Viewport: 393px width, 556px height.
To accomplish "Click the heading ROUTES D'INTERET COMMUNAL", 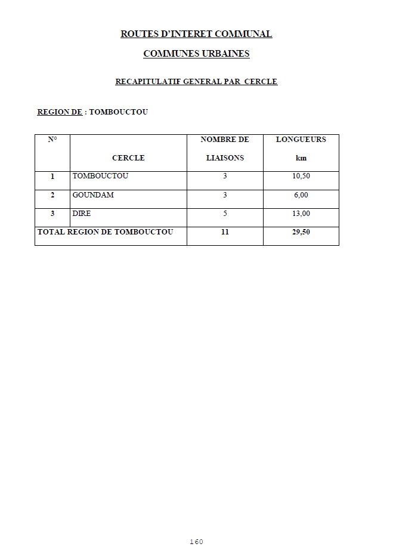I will [196, 34].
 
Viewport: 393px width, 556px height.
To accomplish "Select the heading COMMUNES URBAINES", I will [196, 54].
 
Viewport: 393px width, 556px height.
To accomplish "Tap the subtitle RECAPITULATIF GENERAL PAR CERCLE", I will [196, 82].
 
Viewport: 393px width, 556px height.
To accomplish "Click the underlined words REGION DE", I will [60, 112].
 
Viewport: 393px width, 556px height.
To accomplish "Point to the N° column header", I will [52, 140].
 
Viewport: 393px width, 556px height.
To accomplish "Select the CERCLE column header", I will [128, 158].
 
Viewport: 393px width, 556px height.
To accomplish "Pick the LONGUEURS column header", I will [301, 140].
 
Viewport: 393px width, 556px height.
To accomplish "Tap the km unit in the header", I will [301, 158].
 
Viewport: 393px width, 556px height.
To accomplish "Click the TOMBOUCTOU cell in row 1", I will [100, 177].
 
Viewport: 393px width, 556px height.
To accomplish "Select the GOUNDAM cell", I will [93, 195].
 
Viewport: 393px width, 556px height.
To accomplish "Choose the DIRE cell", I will [82, 214].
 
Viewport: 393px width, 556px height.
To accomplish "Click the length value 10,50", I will [301, 177].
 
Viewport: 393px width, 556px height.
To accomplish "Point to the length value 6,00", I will [301, 195].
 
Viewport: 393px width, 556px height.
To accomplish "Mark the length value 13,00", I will [301, 214].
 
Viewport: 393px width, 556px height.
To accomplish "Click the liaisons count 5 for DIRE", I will [225, 214].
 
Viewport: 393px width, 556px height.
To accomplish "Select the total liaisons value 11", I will [225, 232].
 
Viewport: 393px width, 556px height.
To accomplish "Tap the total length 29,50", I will [301, 232].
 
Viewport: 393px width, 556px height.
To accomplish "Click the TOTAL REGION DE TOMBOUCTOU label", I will [106, 232].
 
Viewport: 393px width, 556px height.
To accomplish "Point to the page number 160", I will [196, 542].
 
